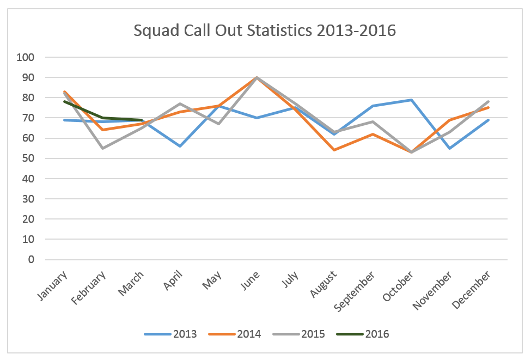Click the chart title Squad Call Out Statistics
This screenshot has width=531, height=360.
coord(265,30)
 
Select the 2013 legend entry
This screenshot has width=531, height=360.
coord(186,334)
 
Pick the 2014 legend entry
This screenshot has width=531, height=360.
coord(249,334)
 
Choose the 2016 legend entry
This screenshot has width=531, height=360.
coord(377,334)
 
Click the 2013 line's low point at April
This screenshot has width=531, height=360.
coord(180,146)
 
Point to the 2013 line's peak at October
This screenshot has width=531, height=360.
coord(411,100)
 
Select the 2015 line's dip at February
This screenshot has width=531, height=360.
coord(102,148)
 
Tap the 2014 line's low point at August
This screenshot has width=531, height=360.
coord(334,150)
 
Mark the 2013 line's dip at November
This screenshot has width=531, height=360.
coord(450,148)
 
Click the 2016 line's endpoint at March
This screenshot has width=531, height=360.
coord(141,120)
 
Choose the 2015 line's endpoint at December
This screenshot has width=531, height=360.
coord(489,101)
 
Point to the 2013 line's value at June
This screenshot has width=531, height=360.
coord(257,118)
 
